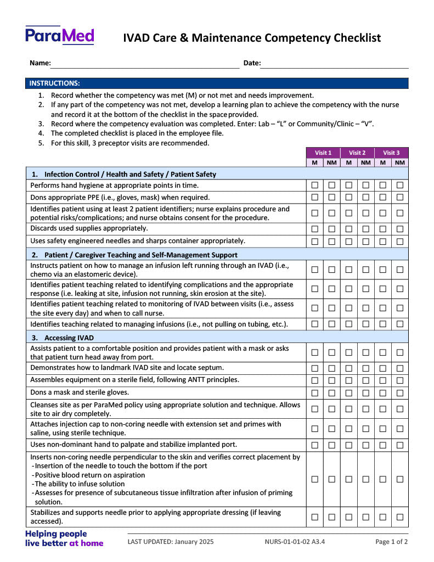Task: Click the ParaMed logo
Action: tap(60, 36)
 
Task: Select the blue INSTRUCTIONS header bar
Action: tap(217, 83)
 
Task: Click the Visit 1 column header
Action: tap(323, 153)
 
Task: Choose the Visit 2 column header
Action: tap(357, 153)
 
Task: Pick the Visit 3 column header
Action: tap(391, 153)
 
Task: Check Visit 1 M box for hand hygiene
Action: tap(315, 186)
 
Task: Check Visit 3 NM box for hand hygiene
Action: tap(400, 186)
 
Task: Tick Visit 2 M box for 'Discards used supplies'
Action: tap(349, 229)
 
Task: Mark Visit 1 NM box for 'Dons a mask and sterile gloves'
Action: tap(332, 393)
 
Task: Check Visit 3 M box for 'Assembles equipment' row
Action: tap(383, 380)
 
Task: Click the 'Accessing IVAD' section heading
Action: tap(70, 338)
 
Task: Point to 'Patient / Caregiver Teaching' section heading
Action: tap(140, 255)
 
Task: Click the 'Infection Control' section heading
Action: tap(130, 174)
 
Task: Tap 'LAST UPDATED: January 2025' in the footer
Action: tap(171, 542)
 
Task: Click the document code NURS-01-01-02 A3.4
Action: tap(295, 542)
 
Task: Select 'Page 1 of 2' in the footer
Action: tap(391, 542)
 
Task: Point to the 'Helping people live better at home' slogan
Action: tap(64, 538)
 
